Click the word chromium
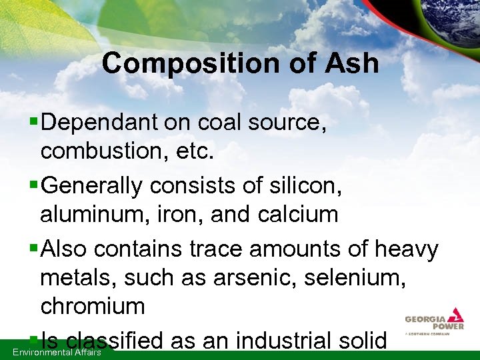93,306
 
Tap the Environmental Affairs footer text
57,352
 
